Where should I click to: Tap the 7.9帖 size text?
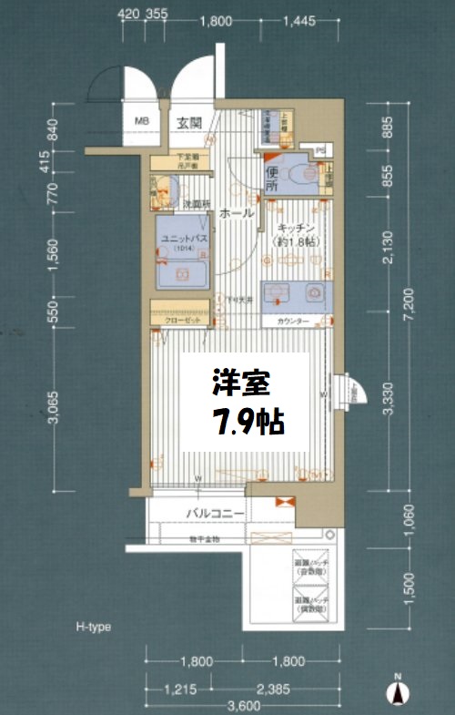coord(248,420)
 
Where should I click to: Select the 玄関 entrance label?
coord(189,122)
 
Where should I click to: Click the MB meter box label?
coord(142,121)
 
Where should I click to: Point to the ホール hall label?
coord(236,213)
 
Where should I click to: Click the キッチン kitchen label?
coord(297,229)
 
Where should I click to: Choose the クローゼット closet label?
coord(182,322)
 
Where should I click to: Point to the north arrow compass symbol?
coord(397,691)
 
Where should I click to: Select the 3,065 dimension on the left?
coord(53,412)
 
